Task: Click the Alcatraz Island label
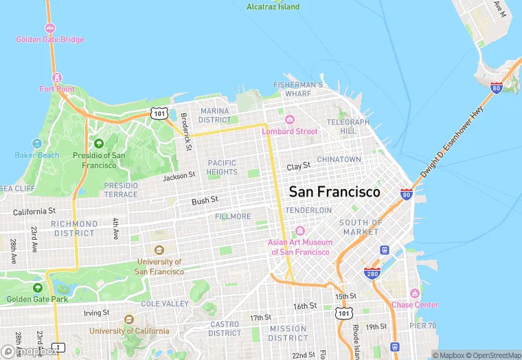click(x=273, y=7)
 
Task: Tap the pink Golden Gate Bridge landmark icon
click(x=50, y=28)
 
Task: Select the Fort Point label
click(x=56, y=89)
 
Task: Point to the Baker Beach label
click(x=37, y=155)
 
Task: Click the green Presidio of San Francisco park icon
click(x=99, y=144)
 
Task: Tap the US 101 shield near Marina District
click(x=159, y=113)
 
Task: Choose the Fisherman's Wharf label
click(x=298, y=89)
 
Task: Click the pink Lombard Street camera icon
click(x=289, y=120)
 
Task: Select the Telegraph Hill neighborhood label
click(x=348, y=126)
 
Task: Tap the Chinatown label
click(x=339, y=159)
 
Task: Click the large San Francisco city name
click(x=334, y=192)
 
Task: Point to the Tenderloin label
click(x=308, y=210)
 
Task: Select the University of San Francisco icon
click(x=159, y=250)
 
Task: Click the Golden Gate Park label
click(x=37, y=299)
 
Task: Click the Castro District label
click(x=224, y=328)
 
